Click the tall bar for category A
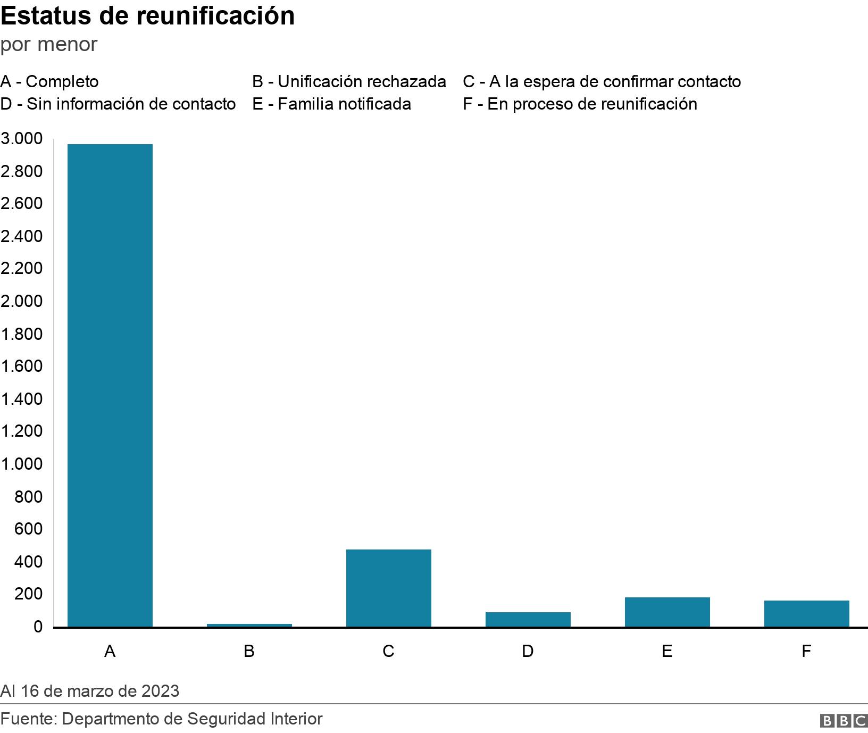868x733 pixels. click(x=110, y=385)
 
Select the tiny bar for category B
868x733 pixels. click(x=249, y=625)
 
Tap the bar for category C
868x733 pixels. click(x=389, y=588)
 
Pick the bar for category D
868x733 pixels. click(x=528, y=619)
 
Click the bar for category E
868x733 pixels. click(x=667, y=612)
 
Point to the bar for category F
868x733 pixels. click(x=807, y=613)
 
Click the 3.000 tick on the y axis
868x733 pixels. click(x=21, y=139)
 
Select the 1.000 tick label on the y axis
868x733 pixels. click(x=21, y=464)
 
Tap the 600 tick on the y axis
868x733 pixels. click(x=28, y=529)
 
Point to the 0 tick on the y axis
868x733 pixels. click(x=37, y=627)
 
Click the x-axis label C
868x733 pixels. click(x=389, y=651)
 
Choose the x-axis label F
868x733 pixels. click(x=806, y=651)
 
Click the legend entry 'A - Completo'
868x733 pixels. click(x=49, y=81)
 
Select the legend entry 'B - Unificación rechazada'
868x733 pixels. click(x=349, y=81)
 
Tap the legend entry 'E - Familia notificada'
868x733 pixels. click(x=331, y=104)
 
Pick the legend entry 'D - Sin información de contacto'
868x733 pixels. click(x=118, y=104)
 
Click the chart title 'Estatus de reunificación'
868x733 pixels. click(x=147, y=16)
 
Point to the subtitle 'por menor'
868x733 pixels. click(x=49, y=44)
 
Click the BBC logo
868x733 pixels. click(x=844, y=721)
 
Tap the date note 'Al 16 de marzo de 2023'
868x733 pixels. click(x=90, y=691)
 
